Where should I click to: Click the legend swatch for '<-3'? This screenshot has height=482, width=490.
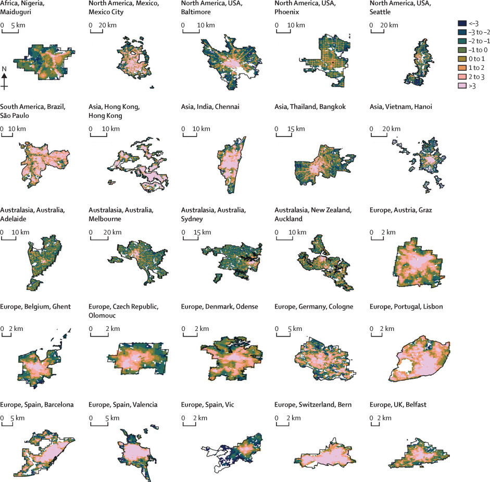pyautogui.click(x=460, y=23)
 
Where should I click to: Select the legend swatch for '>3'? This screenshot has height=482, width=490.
pyautogui.click(x=460, y=96)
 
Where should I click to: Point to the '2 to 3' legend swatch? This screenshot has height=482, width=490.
pyautogui.click(x=460, y=85)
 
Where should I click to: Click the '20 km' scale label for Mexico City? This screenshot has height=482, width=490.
pyautogui.click(x=108, y=25)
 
